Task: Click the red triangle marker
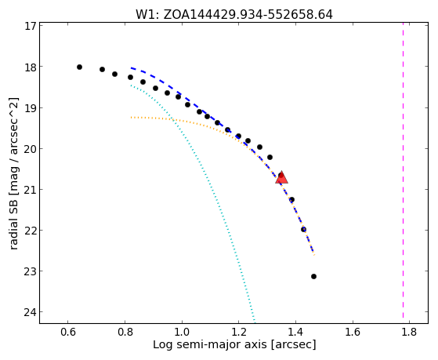tap(281, 177)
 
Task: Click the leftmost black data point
tap(79, 67)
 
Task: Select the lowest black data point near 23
tap(313, 276)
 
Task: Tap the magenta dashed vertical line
tap(403, 171)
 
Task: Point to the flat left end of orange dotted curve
tap(132, 118)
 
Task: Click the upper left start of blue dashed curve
tap(132, 67)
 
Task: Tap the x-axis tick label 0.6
tap(68, 333)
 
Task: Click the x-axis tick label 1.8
tap(409, 333)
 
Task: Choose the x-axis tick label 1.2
tap(238, 333)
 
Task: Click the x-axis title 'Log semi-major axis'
tap(210, 344)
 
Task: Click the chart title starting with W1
tap(234, 15)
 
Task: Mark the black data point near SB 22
tap(304, 229)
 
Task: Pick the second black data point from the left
tap(102, 69)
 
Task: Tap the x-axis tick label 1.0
tap(182, 333)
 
